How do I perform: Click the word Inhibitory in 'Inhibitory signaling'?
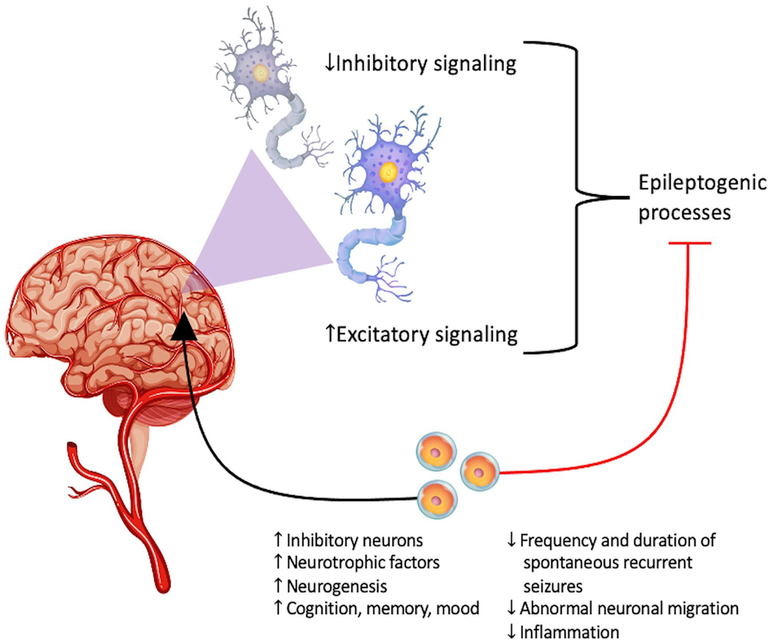point(381,64)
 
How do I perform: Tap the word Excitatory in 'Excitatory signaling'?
point(383,335)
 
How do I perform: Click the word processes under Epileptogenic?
point(684,213)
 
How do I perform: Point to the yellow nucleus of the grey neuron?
point(261,73)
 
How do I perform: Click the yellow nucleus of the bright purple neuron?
point(388,172)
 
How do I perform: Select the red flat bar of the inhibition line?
point(689,243)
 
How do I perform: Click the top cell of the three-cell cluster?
point(436,452)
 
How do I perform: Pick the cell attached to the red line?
point(479,472)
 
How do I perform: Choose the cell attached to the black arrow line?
point(437,499)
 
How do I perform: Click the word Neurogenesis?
point(337,586)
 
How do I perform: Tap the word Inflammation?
point(569,632)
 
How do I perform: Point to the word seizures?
point(553,586)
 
